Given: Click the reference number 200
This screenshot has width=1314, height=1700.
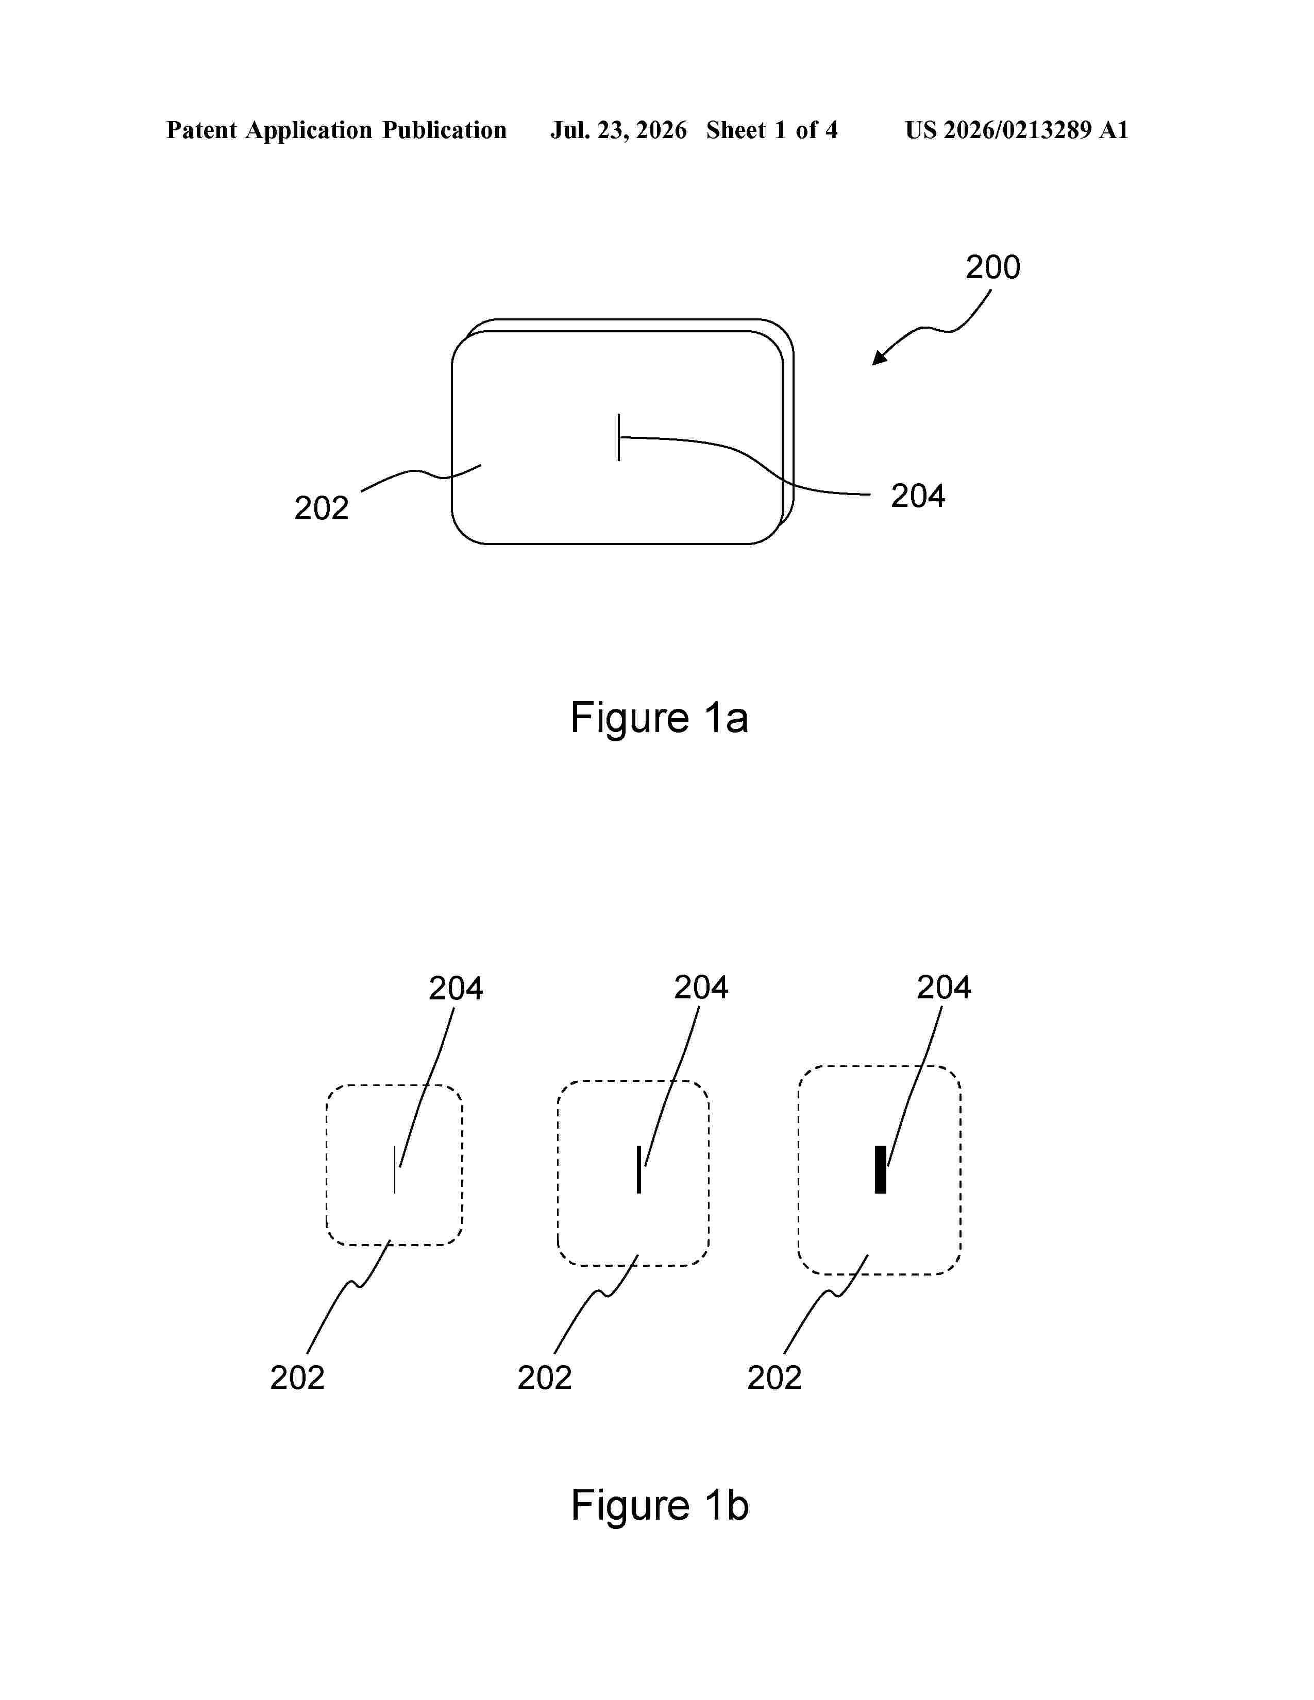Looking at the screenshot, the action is click(x=992, y=267).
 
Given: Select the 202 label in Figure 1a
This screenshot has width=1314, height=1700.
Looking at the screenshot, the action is click(x=322, y=508).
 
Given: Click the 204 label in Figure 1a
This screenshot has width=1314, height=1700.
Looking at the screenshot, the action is click(x=918, y=496).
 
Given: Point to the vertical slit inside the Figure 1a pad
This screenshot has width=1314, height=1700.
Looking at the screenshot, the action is click(x=619, y=437).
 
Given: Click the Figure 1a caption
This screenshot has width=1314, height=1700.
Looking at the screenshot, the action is click(x=660, y=718).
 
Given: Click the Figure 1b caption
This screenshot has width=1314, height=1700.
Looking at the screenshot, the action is click(x=660, y=1505).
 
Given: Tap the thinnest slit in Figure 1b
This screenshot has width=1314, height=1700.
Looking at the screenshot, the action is click(x=395, y=1169).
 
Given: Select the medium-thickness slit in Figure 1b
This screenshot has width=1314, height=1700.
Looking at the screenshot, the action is click(x=639, y=1169).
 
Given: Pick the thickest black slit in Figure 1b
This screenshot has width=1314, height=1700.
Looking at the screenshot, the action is click(x=881, y=1169).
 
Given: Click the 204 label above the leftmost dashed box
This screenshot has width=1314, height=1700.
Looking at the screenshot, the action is click(x=456, y=989).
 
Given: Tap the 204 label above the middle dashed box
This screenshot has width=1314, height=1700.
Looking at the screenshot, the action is click(x=701, y=988).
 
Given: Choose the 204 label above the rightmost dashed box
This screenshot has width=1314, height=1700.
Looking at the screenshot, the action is click(x=944, y=988).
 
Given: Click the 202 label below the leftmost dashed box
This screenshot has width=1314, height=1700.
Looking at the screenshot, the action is click(x=297, y=1378).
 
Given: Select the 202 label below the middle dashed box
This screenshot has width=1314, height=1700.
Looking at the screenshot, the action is click(x=545, y=1378).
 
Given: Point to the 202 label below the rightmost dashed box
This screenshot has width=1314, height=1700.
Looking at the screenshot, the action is click(x=774, y=1378).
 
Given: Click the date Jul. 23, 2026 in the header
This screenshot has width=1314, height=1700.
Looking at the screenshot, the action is click(x=619, y=130).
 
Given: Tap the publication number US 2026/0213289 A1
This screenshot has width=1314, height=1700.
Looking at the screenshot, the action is click(x=1017, y=130).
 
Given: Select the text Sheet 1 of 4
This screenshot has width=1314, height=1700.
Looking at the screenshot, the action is click(x=772, y=130).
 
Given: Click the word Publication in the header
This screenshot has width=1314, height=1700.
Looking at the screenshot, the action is click(x=445, y=130).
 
